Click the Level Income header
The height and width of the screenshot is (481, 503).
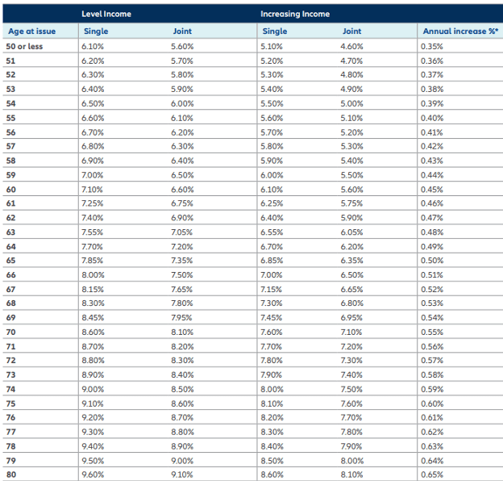pos(107,15)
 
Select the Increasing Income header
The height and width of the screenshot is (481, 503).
pos(295,15)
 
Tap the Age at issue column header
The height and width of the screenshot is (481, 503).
pos(31,31)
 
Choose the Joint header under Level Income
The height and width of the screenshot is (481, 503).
pos(182,31)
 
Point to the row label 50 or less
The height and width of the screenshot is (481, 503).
pos(24,46)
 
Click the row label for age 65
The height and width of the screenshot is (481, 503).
pos(11,261)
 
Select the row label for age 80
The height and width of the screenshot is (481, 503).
pos(11,475)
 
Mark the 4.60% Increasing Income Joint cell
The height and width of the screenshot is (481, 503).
pos(351,46)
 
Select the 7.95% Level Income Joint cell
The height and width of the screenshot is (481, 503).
pos(182,318)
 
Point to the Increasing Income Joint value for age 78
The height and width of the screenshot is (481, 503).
pos(351,446)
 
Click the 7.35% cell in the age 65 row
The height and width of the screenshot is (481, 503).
pos(182,261)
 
